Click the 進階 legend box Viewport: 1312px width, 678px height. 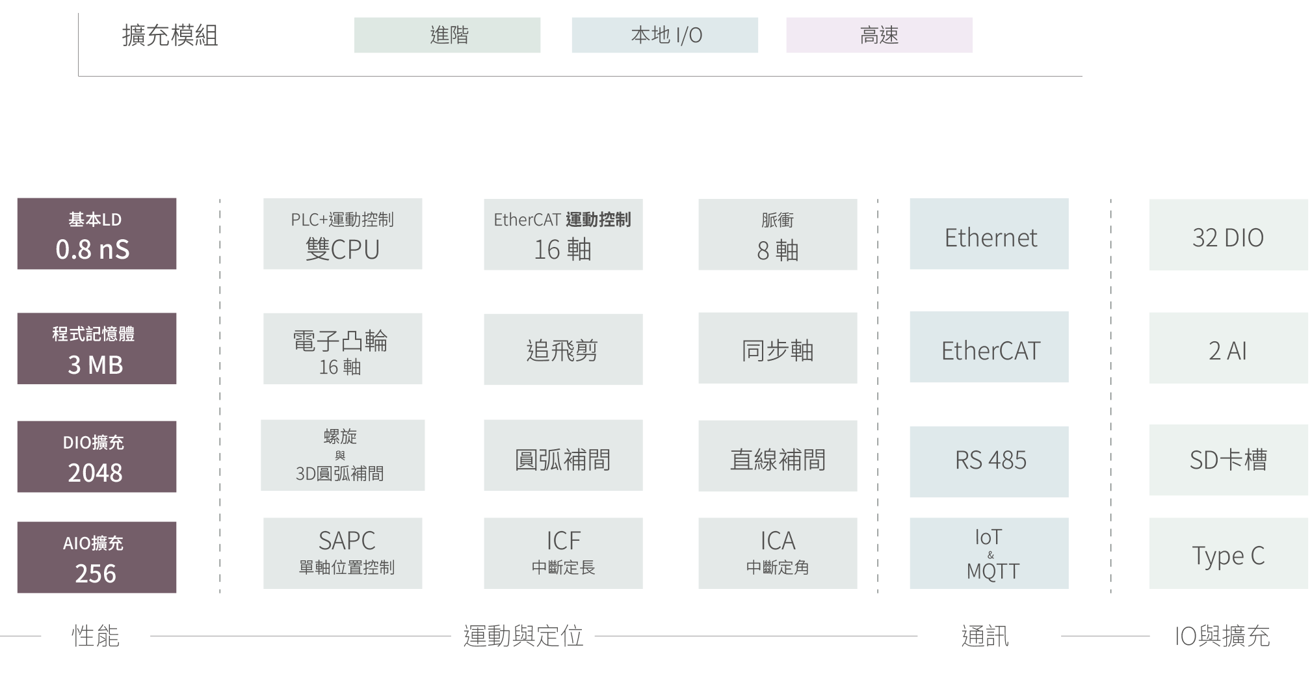(447, 35)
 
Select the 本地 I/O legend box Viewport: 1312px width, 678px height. (664, 35)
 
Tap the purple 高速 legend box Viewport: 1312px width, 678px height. (879, 35)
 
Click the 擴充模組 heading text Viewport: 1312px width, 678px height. (170, 35)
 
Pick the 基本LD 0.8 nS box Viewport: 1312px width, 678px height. (96, 234)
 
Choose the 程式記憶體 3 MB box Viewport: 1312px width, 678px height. (96, 349)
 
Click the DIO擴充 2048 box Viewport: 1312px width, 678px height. (96, 456)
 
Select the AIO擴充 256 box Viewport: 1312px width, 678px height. (96, 557)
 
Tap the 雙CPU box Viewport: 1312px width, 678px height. (343, 234)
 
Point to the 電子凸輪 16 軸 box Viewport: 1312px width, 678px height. (343, 349)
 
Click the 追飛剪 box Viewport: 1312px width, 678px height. (563, 350)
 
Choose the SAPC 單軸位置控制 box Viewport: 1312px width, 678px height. (343, 553)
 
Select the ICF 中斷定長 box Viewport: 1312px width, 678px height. (563, 553)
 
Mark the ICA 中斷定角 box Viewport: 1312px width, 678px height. (778, 553)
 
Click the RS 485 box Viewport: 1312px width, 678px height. (989, 462)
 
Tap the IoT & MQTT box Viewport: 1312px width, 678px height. (989, 553)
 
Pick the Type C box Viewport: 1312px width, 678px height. (1228, 553)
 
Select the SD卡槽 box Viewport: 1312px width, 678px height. (1228, 460)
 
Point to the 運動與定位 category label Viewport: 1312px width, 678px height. (523, 636)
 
